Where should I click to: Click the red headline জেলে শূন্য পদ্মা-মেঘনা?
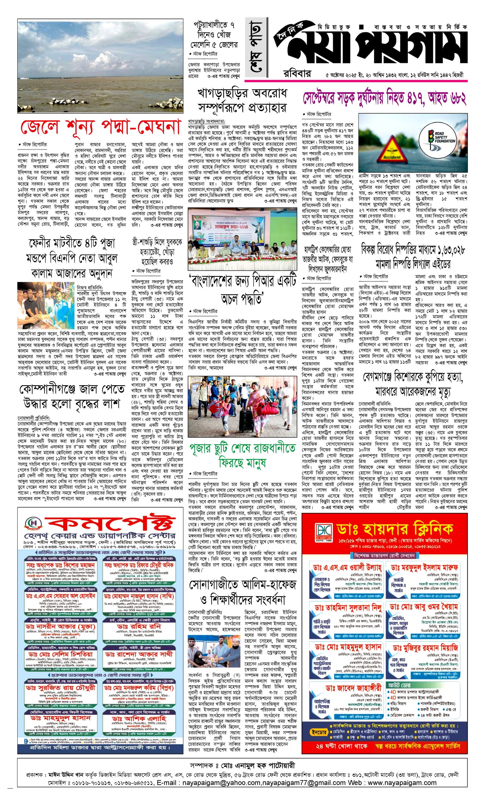point(100,127)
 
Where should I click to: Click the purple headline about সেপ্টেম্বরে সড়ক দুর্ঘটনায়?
point(384,98)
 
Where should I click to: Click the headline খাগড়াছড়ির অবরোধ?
point(242,93)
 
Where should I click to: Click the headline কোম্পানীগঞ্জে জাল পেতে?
point(72,389)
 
